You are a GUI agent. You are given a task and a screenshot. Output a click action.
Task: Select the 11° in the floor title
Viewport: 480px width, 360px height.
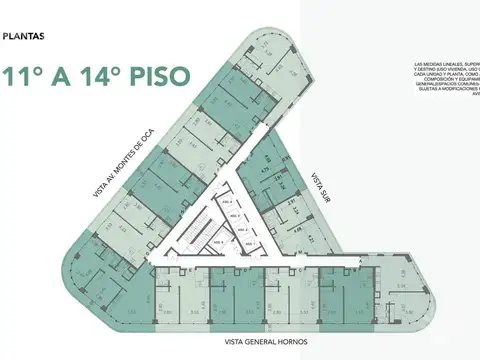click(23, 76)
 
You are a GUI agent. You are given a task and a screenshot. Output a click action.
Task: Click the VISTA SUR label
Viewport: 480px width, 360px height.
click(321, 185)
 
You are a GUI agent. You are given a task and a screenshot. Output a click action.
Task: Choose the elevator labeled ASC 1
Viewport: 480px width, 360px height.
click(249, 242)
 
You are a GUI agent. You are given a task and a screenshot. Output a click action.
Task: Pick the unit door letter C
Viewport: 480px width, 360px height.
click(299, 271)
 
